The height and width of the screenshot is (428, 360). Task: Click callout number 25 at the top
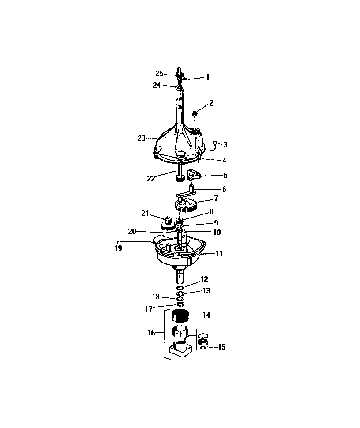pos(159,74)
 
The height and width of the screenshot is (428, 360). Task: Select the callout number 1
pos(207,77)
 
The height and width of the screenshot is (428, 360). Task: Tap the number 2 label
pos(211,103)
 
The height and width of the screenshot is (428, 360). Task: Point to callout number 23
pos(142,138)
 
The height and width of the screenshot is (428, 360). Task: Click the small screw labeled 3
pos(214,143)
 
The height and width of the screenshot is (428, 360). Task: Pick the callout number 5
pos(225,175)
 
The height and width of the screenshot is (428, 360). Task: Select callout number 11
pos(219,254)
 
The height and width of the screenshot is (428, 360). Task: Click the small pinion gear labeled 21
pos(168,219)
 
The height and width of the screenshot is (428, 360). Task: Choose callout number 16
pos(151,333)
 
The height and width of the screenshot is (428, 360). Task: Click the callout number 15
pos(221,347)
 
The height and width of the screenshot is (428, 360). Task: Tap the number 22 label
pos(151,178)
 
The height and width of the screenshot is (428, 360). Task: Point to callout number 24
pos(157,85)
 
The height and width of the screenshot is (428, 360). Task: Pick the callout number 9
pos(216,223)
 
